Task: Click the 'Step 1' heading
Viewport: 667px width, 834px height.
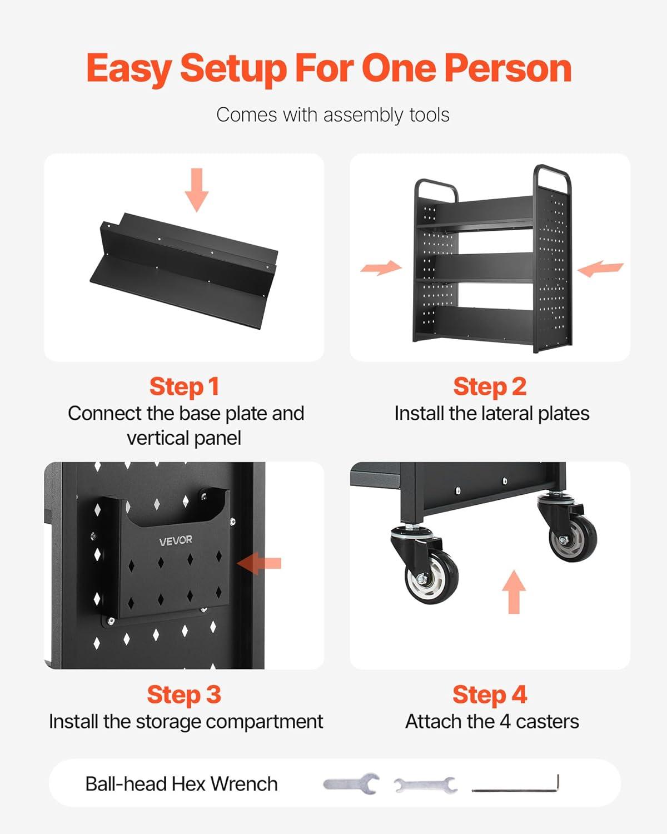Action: click(x=185, y=387)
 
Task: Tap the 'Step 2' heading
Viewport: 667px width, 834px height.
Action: click(x=490, y=387)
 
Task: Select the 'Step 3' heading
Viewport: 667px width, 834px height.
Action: click(x=184, y=694)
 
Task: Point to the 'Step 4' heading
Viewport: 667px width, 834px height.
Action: click(x=490, y=694)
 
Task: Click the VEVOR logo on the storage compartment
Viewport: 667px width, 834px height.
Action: click(x=176, y=540)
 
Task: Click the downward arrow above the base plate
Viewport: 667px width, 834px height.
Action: click(x=197, y=190)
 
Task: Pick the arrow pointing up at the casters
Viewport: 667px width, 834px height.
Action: click(x=514, y=592)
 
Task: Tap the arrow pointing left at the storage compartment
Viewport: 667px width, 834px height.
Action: click(x=259, y=563)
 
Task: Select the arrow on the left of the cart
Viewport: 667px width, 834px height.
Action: click(x=381, y=267)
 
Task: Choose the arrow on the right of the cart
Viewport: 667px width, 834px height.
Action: click(x=600, y=269)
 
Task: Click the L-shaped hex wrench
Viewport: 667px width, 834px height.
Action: click(x=515, y=784)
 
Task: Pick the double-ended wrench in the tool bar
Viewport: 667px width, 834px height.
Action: click(x=426, y=785)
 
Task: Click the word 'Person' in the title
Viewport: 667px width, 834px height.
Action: click(x=507, y=68)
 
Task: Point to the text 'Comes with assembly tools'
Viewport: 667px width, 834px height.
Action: click(x=333, y=115)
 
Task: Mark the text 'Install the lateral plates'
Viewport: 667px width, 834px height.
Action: click(x=492, y=414)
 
